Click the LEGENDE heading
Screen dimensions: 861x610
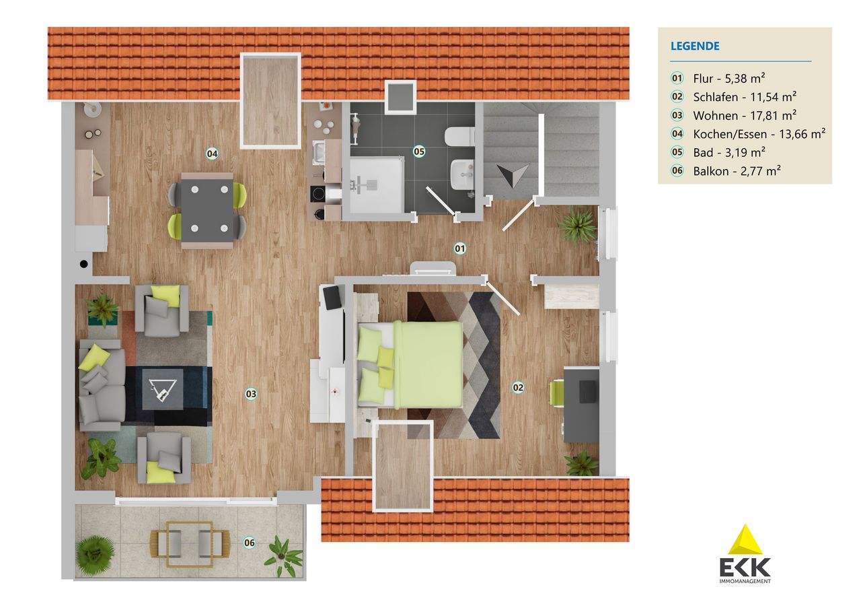695,46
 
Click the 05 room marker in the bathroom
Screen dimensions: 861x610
418,151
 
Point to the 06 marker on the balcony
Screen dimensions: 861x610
250,543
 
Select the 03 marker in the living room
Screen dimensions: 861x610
251,394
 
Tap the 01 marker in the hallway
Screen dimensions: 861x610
459,248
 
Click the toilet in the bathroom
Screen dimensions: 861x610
459,136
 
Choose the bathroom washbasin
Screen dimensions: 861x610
462,175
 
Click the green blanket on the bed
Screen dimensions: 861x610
428,365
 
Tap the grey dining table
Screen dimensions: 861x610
207,210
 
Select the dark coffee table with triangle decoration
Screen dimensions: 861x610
163,390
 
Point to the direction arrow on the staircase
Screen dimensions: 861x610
512,174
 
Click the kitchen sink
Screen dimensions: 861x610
320,151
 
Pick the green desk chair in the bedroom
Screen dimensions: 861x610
556,393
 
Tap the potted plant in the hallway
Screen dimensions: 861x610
577,226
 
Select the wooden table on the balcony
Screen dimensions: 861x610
190,544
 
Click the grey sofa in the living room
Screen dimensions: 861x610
102,384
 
